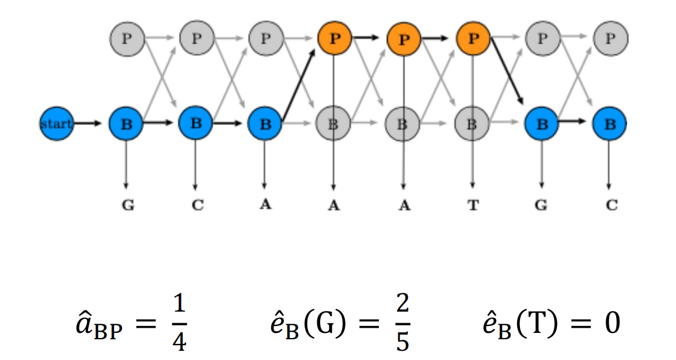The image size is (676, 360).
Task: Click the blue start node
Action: [56, 123]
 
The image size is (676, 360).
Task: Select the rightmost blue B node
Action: [610, 123]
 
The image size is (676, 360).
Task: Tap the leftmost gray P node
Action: [127, 39]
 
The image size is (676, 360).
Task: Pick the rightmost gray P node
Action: [610, 39]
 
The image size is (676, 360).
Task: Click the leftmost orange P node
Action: [334, 39]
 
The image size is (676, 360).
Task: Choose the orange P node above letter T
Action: [472, 39]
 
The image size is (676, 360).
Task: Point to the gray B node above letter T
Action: [472, 123]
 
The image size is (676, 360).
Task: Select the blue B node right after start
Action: [127, 123]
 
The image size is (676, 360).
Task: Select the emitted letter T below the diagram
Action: [473, 206]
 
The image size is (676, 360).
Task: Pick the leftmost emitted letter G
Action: [128, 206]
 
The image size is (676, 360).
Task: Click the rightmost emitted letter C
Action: [611, 206]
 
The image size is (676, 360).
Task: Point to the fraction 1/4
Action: [179, 324]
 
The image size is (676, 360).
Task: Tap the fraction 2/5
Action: [402, 324]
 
